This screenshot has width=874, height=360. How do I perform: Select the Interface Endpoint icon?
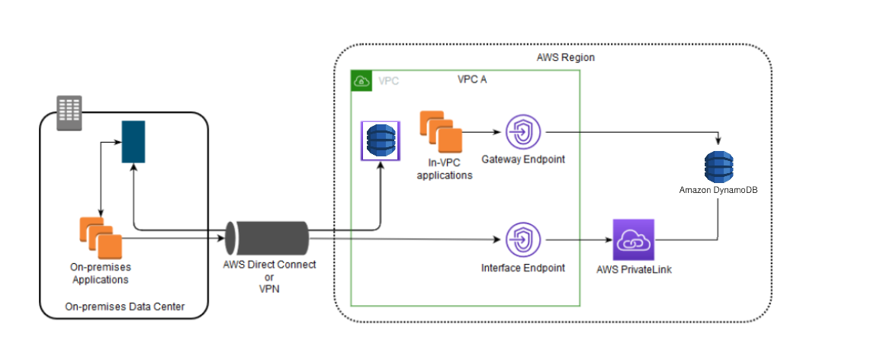click(523, 239)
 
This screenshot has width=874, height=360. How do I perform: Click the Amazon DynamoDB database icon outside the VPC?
click(718, 167)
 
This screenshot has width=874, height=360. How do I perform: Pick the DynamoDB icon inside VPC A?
click(380, 140)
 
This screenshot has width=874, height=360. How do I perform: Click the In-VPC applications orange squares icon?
click(442, 131)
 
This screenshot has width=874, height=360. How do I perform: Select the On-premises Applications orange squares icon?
click(101, 238)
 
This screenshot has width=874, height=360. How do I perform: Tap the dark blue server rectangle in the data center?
click(133, 141)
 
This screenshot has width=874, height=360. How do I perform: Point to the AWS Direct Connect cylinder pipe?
click(268, 239)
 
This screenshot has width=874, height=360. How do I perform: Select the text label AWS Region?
click(565, 58)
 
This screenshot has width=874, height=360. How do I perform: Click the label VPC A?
click(472, 79)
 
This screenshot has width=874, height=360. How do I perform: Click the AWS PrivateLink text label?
click(631, 270)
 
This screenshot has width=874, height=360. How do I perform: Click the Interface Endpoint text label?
click(523, 268)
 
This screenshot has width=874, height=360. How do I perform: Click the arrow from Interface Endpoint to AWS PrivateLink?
click(577, 239)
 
